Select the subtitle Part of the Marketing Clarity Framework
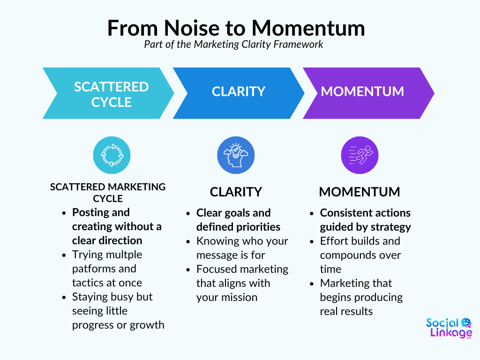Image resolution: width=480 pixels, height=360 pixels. pos(234,45)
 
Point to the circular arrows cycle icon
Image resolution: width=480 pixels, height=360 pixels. pos(112,155)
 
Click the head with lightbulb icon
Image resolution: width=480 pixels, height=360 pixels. pos(236,155)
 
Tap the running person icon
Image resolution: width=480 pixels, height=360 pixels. pos(360,155)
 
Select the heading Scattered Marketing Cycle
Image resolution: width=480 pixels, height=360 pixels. pos(108,192)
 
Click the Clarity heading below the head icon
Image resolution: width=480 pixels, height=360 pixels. pos(236,192)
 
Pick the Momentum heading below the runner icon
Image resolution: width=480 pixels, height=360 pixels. pos(360,192)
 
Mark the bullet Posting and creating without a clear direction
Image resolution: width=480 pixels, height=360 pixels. pos(117,226)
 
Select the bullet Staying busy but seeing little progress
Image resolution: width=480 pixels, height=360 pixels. pos(118,311)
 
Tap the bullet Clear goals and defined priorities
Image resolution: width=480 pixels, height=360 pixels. pos(238,220)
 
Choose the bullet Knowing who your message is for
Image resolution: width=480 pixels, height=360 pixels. pos(242,248)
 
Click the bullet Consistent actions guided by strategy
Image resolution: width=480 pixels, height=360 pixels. pos(365,220)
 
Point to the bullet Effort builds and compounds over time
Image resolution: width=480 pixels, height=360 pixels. pos(360,255)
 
